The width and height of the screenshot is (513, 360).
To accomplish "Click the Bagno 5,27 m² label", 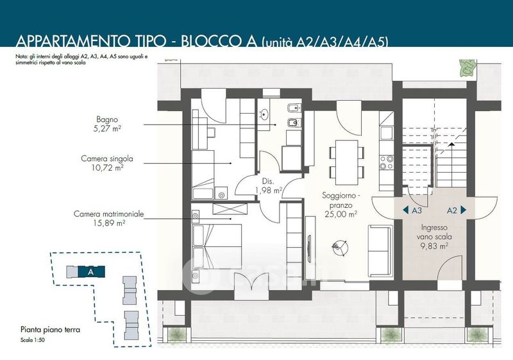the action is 107,124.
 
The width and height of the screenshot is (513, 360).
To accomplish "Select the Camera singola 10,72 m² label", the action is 107,163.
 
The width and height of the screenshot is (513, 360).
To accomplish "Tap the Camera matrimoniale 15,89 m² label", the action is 108,218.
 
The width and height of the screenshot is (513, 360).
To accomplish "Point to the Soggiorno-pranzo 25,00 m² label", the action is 341,205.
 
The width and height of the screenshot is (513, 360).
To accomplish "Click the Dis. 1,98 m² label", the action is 268,185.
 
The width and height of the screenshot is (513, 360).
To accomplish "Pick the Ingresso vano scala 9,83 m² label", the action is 434,237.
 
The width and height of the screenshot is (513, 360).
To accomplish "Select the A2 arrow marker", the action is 457,210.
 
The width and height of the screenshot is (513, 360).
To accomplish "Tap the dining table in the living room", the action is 346,162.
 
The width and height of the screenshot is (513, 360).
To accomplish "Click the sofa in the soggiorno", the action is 380,250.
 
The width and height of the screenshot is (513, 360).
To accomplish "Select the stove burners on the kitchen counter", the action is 387,162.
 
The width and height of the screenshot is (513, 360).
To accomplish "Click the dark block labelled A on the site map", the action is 91,271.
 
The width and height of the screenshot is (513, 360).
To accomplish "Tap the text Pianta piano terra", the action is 50,330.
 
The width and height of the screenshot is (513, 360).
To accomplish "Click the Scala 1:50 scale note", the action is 32,340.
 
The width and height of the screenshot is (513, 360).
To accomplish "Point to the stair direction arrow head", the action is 451,144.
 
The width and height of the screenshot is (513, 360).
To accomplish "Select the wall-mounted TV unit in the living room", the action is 310,243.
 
